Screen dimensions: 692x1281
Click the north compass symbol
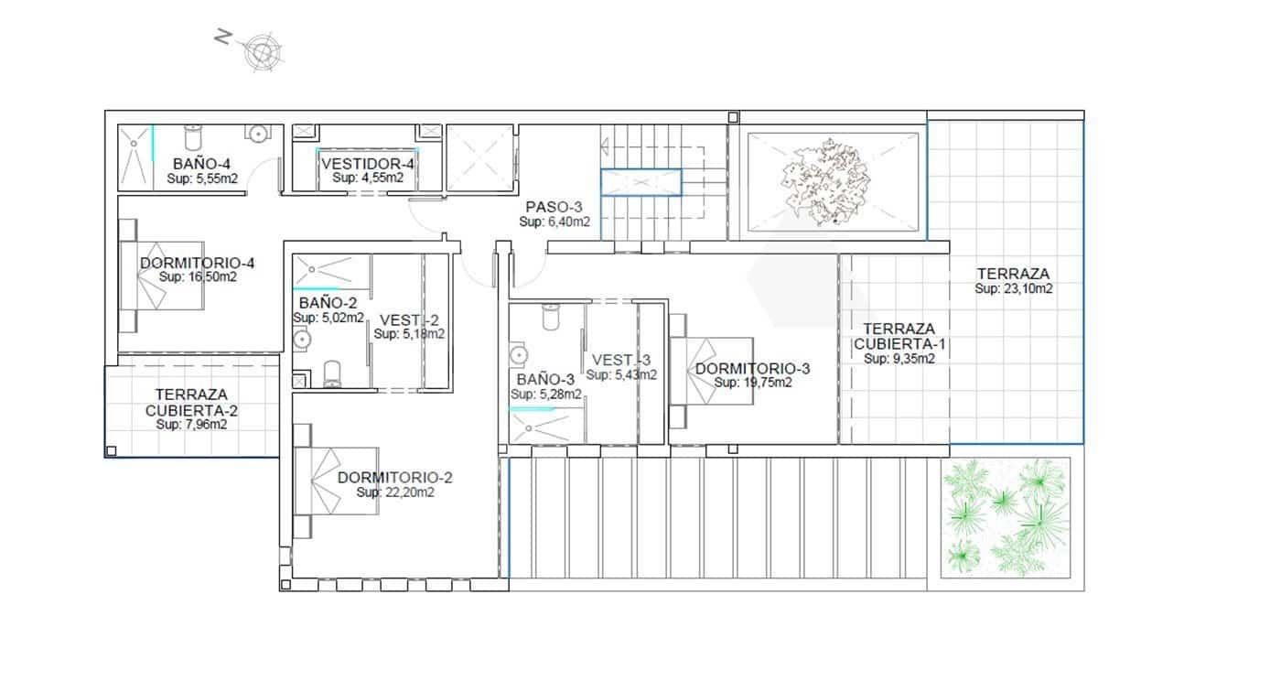(x=261, y=51)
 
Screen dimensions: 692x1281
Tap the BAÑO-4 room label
(x=195, y=165)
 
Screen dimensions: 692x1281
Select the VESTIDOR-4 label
(x=367, y=164)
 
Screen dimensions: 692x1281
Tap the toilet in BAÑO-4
(x=193, y=137)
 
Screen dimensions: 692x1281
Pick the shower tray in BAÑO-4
(x=135, y=157)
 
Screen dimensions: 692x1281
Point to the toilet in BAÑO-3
(x=550, y=317)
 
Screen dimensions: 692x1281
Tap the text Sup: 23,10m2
(x=1013, y=288)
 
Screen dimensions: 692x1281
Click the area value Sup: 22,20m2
(x=395, y=492)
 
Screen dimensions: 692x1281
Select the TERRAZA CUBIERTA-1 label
(x=899, y=336)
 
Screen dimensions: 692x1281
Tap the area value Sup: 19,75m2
(x=753, y=383)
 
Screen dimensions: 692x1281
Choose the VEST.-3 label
(x=621, y=360)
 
